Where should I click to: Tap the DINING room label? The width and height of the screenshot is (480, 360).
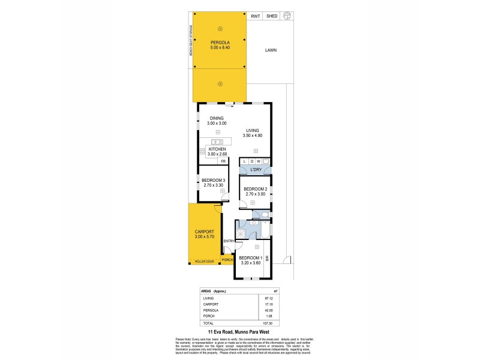pyautogui.click(x=216, y=118)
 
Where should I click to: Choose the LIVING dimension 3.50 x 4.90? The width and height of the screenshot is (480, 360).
pyautogui.click(x=254, y=136)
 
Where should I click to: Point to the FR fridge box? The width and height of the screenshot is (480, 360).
pyautogui.click(x=223, y=161)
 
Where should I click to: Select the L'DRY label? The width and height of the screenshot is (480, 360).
pyautogui.click(x=255, y=170)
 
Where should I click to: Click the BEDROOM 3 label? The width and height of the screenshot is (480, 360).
pyautogui.click(x=214, y=181)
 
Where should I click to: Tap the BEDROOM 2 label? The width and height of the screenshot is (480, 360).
pyautogui.click(x=255, y=190)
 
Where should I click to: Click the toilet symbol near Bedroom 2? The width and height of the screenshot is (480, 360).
pyautogui.click(x=264, y=214)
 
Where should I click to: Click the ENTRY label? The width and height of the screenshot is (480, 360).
pyautogui.click(x=228, y=241)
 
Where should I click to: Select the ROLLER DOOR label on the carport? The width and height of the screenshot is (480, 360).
pyautogui.click(x=203, y=261)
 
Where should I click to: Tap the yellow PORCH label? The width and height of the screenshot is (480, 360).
pyautogui.click(x=227, y=260)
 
